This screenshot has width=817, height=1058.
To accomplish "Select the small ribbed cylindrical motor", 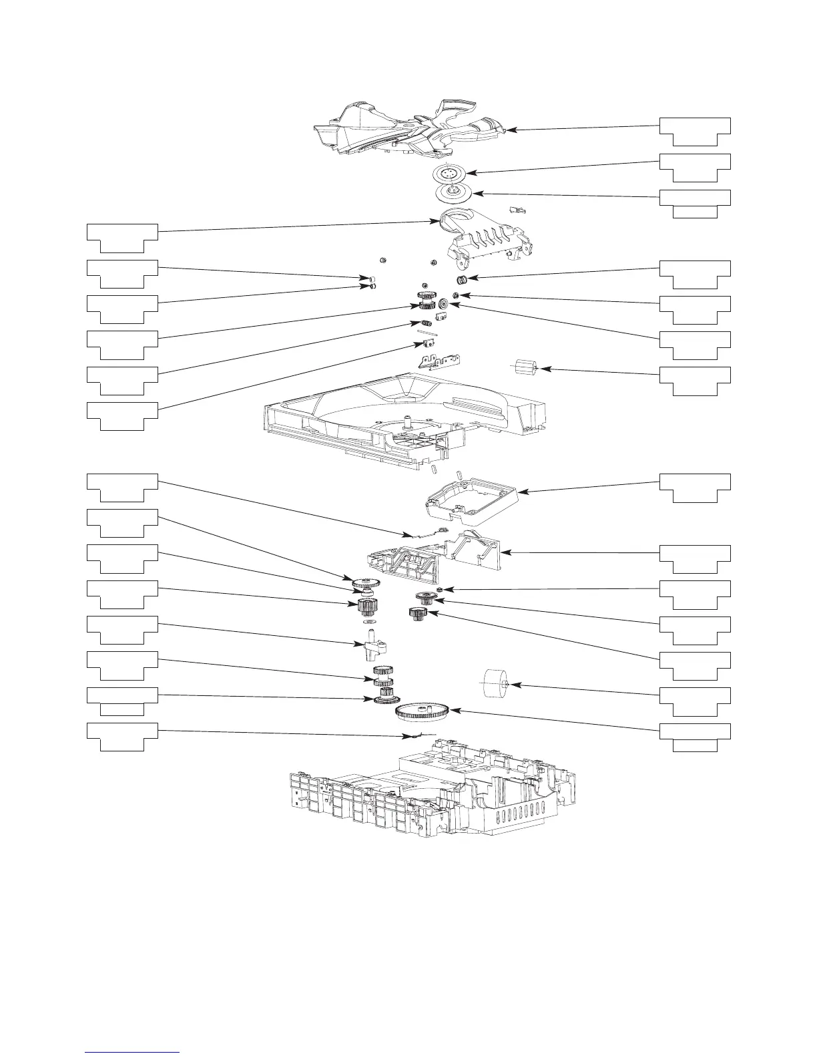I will click(525, 368).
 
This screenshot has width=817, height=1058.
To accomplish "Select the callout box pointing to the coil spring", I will click(695, 274).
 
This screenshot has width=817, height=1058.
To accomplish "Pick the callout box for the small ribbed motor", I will click(695, 380).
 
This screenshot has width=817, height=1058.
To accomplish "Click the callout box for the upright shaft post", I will click(123, 629).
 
